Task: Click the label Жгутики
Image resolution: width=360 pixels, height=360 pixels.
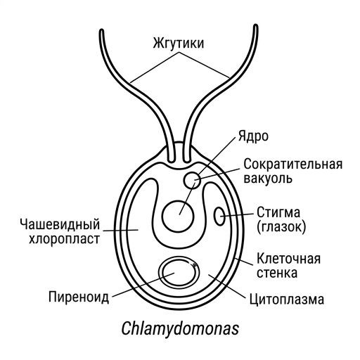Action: click(x=179, y=44)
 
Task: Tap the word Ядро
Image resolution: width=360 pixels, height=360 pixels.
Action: click(x=253, y=136)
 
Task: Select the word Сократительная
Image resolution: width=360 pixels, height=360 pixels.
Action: click(x=293, y=164)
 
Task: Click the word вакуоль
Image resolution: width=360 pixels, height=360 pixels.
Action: click(x=268, y=179)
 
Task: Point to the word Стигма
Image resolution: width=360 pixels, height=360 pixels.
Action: click(x=278, y=212)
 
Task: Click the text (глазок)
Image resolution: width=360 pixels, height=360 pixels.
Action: click(x=281, y=226)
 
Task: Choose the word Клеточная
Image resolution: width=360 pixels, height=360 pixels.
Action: click(x=288, y=259)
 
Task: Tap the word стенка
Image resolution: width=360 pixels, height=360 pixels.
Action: click(x=277, y=273)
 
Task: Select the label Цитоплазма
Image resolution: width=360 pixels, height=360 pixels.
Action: click(x=286, y=300)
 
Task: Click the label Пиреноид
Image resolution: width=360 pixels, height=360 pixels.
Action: click(x=79, y=297)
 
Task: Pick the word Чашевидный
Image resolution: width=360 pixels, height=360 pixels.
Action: click(x=60, y=224)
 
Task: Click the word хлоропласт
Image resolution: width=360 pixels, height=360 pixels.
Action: click(x=64, y=239)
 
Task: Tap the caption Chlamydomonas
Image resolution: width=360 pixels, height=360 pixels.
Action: click(x=180, y=328)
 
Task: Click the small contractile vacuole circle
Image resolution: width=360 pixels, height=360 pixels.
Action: click(x=184, y=181)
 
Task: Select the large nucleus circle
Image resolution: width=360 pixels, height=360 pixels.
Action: click(x=162, y=216)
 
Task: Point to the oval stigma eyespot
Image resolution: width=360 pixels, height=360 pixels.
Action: click(x=214, y=216)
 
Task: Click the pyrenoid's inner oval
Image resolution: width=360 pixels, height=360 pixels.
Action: click(x=162, y=274)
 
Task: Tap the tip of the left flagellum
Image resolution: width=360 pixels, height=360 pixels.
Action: click(x=102, y=31)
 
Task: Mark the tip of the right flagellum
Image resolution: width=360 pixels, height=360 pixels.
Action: click(x=256, y=26)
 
